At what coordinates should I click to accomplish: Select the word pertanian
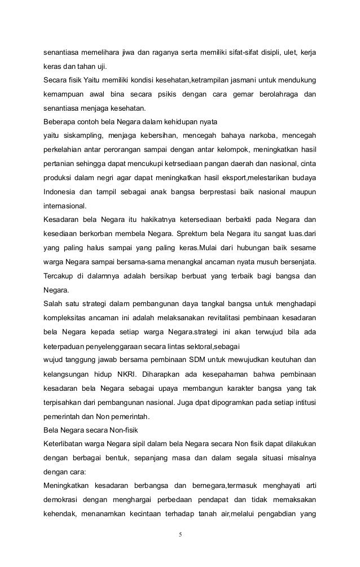click(60, 164)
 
